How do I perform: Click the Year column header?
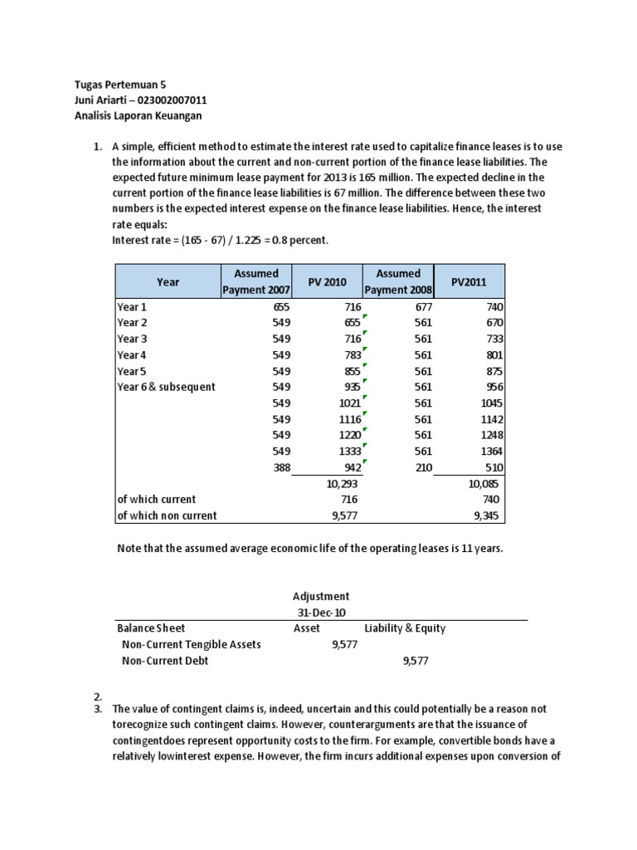tap(168, 281)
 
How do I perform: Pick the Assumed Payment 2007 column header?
tap(255, 281)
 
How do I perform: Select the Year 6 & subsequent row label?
tap(166, 387)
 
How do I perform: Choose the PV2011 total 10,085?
tap(485, 482)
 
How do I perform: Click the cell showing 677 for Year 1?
tap(422, 307)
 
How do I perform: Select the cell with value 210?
tap(423, 467)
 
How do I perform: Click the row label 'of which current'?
tap(156, 499)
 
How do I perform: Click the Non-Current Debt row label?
tap(164, 661)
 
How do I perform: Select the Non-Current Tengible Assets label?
tap(191, 644)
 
